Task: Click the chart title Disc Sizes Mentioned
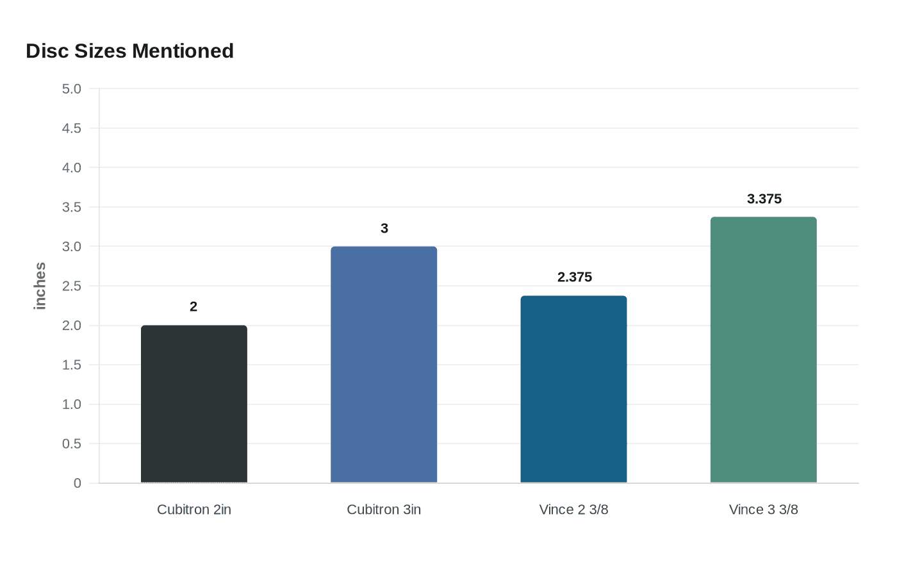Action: [129, 51]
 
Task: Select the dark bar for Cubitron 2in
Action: [193, 404]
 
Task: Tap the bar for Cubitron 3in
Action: [384, 365]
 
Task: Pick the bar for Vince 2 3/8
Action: [573, 389]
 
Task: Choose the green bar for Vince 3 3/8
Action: [763, 350]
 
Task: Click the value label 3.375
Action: [764, 199]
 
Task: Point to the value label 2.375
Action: [574, 277]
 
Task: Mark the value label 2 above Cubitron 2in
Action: [193, 306]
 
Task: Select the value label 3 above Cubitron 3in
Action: [384, 228]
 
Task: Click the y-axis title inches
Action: [40, 286]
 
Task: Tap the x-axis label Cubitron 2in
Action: [193, 510]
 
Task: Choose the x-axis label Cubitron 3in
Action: [384, 510]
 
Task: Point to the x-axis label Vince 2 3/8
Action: [573, 510]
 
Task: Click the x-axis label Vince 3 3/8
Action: [763, 510]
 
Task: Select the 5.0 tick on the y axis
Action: [72, 89]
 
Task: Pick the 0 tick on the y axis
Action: [77, 483]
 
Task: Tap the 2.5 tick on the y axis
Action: [72, 286]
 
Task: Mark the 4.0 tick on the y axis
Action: [72, 168]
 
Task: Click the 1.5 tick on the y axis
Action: [72, 365]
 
